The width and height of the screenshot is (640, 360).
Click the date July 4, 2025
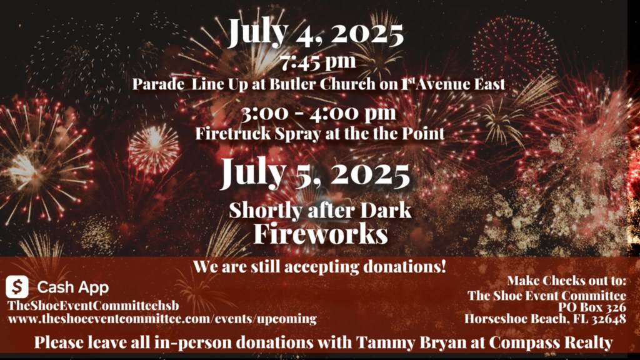316,32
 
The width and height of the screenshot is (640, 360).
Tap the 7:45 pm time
318,62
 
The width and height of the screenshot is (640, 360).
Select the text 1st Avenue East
453,84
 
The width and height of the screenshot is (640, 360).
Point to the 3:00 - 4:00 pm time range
318,112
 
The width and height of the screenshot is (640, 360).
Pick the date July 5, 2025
315,174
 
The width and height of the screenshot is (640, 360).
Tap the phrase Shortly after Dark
320,210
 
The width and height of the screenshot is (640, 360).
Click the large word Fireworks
321,234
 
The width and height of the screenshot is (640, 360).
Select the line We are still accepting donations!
319,267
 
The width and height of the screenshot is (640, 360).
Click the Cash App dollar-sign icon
17,286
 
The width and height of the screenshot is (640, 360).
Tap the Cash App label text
73,287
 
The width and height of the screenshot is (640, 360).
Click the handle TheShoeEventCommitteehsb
93,306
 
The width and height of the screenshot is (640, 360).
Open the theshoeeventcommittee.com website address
162,319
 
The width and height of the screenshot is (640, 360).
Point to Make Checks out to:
566,281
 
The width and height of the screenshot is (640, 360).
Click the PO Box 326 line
592,307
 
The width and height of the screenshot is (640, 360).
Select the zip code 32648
607,318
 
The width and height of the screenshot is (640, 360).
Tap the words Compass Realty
551,343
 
